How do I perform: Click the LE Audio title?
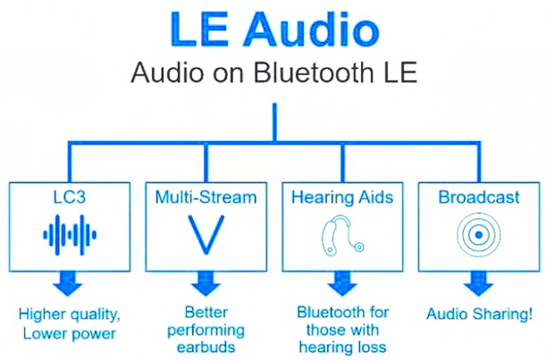274,29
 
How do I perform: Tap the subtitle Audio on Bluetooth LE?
274,72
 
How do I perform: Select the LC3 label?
70,197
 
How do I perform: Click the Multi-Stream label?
206,197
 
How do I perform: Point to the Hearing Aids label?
342,197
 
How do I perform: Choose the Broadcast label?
479,197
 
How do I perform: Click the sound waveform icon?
70,235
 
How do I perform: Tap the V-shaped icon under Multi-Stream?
206,235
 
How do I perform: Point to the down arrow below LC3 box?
68,283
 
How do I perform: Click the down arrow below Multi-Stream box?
206,283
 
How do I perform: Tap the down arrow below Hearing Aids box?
342,283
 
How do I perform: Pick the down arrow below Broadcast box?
478,283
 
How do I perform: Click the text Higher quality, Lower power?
70,323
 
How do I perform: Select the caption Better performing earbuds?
206,330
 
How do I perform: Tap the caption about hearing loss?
342,330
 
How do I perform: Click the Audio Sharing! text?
479,314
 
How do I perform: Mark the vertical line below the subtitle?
274,122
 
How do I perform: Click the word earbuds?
206,347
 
